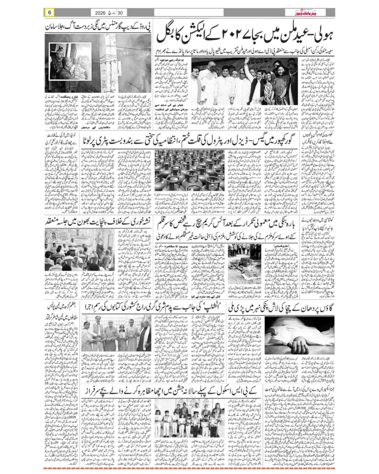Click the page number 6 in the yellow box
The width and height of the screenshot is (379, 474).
coord(50,12)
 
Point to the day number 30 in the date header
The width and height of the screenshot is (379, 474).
coord(120,13)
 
